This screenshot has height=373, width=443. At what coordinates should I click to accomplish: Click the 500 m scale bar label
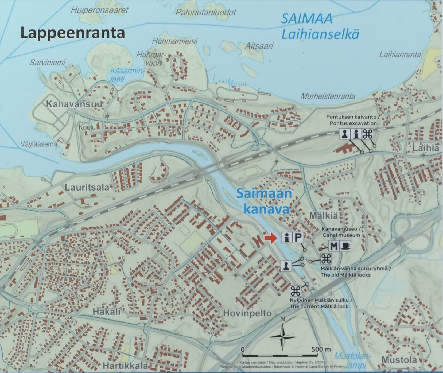pos(321,349)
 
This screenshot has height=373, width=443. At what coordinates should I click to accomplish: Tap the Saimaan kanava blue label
pos(264,201)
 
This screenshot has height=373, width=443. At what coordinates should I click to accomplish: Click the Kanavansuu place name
pos(74,104)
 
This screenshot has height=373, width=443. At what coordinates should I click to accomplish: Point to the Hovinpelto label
pos(247,313)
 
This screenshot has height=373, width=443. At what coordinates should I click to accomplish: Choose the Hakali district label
pos(107,312)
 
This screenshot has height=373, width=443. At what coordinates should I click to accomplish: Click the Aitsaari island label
pos(259,46)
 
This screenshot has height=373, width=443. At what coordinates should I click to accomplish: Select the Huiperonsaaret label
pos(100,10)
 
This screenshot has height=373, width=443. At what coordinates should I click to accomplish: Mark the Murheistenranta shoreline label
pos(328,96)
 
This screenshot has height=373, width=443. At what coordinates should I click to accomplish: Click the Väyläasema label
pos(39,144)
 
